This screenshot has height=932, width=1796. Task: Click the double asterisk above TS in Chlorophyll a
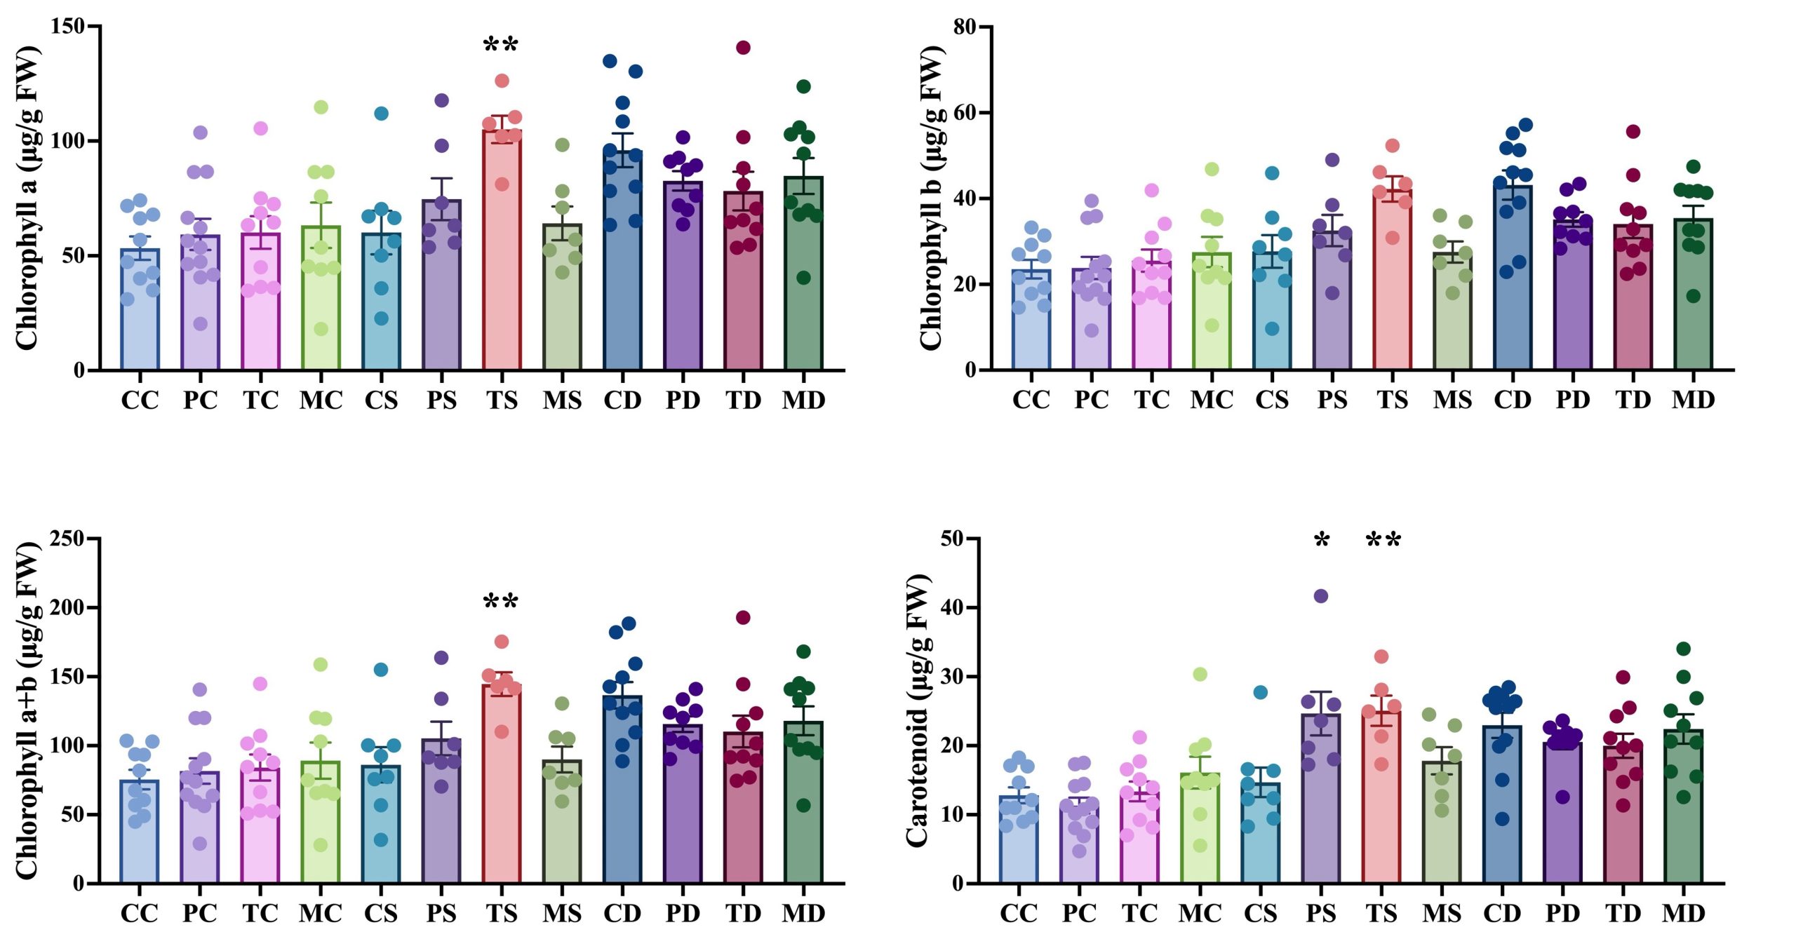coord(501,46)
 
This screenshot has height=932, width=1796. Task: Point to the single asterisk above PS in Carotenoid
coord(1322,541)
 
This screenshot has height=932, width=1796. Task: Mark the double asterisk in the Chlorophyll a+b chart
coord(501,602)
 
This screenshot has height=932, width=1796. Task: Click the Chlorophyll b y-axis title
coord(931,198)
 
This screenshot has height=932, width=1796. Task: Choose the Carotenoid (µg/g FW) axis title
coord(918,710)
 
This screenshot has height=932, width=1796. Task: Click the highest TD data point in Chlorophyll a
coord(744,48)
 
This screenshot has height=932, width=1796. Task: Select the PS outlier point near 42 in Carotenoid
coord(1321,596)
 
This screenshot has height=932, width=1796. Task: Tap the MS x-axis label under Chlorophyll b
coord(1453,400)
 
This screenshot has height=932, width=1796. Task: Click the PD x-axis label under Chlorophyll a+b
coord(683,913)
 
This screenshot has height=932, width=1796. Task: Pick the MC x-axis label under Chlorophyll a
coord(321,400)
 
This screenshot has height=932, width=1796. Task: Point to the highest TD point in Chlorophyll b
coord(1633,131)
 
